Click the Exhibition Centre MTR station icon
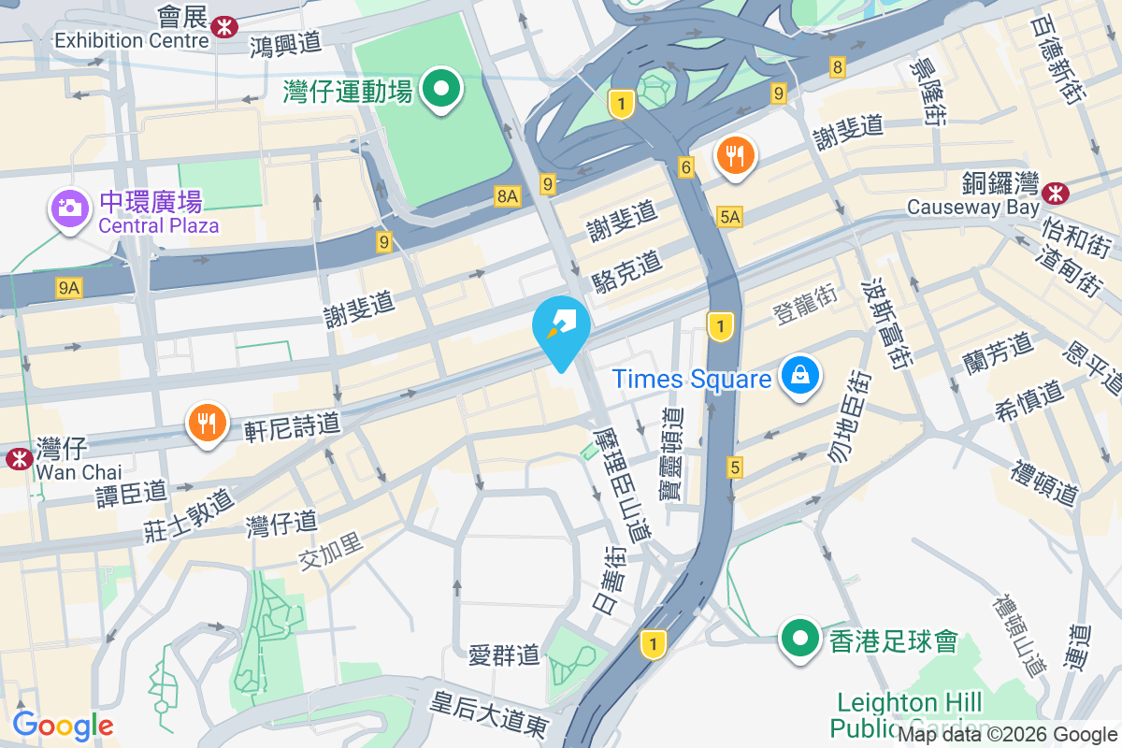[x=224, y=26]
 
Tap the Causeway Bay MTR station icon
[x=1057, y=193]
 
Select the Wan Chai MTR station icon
[x=18, y=458]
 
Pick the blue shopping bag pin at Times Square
[x=800, y=376]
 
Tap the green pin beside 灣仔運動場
[x=442, y=91]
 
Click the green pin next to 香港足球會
[x=800, y=640]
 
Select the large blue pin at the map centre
[x=561, y=328]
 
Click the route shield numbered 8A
[x=507, y=195]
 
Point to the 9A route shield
[x=68, y=288]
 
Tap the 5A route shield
[x=730, y=217]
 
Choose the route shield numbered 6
[x=687, y=167]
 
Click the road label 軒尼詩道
[x=293, y=425]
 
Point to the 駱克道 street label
[x=626, y=270]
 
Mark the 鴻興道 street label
[x=285, y=42]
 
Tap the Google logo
[x=64, y=726]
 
